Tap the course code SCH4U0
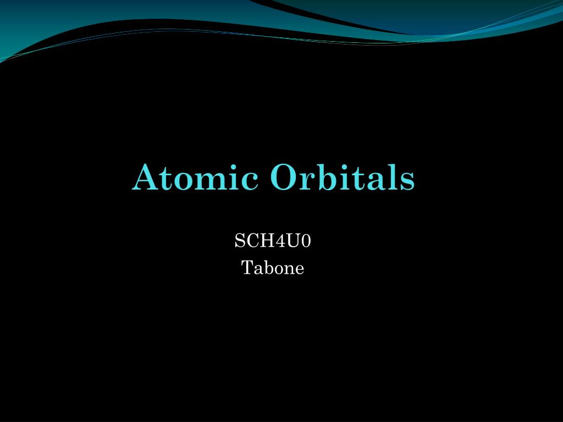273,241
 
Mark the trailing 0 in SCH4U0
306,241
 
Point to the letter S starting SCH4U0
240,241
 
